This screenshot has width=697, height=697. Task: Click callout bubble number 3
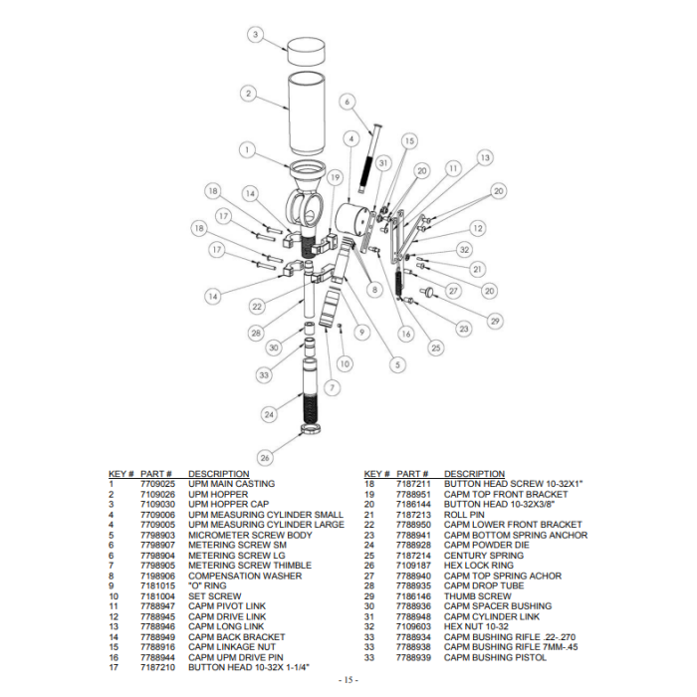[256, 35]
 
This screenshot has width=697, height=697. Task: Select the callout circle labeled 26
[265, 458]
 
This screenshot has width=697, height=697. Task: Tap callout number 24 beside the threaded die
[268, 413]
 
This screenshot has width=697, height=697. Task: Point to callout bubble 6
[347, 102]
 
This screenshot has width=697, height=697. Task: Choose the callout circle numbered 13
[484, 158]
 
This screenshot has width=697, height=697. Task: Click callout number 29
[495, 320]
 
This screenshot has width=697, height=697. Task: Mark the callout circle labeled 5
[399, 364]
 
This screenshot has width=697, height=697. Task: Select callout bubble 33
[264, 374]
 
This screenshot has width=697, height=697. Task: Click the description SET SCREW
[215, 596]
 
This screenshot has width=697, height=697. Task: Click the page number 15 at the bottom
[348, 679]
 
